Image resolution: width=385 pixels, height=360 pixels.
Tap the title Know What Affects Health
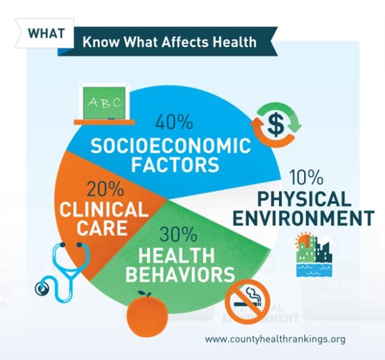[x=169, y=43]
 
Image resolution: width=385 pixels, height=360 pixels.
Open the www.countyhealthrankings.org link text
[x=274, y=340]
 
